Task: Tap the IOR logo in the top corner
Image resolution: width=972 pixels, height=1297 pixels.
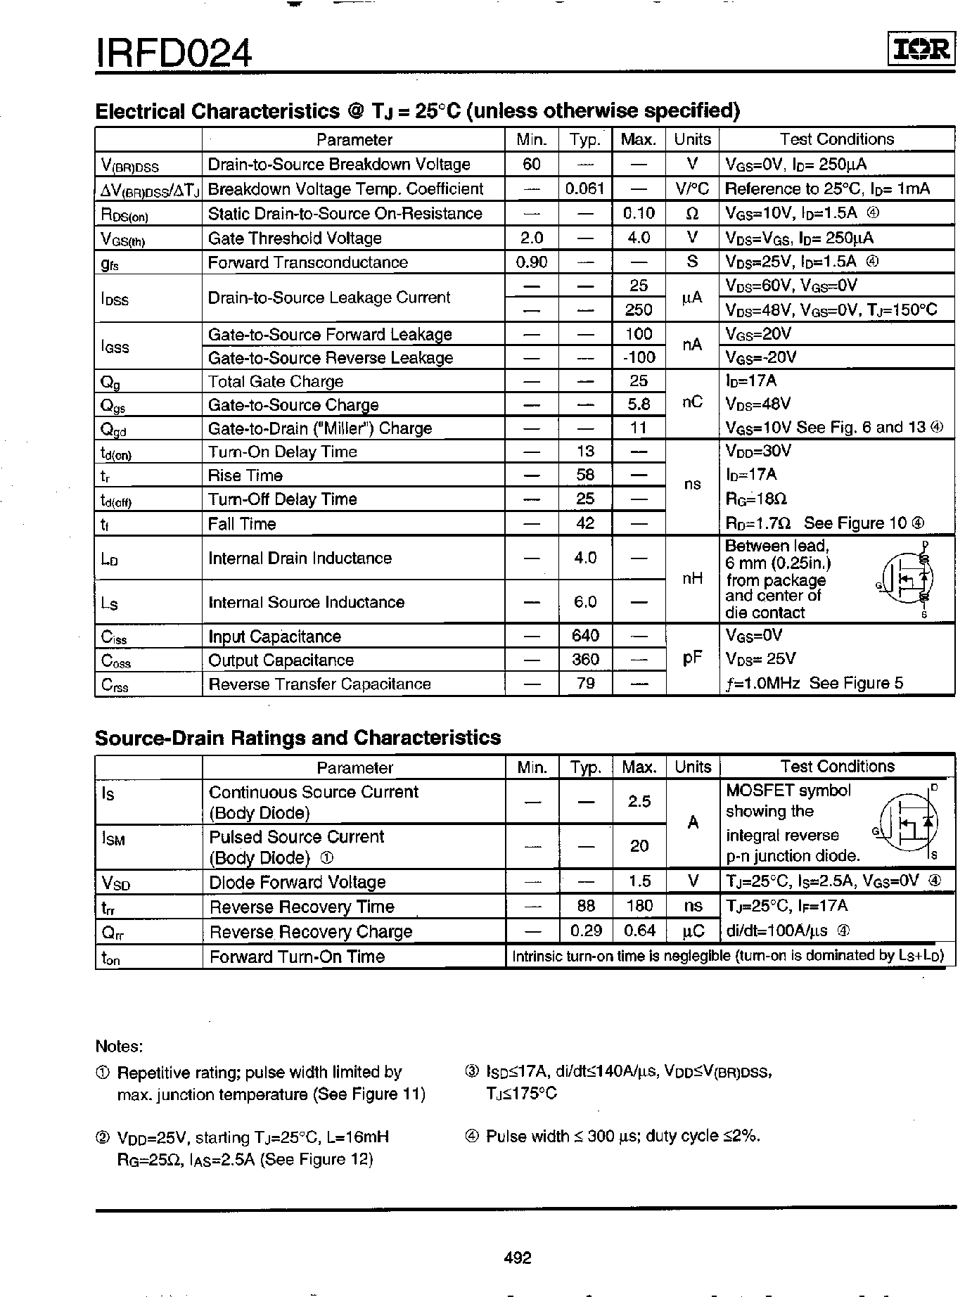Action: point(921,49)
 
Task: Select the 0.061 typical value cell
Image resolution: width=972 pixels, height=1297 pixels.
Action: point(585,189)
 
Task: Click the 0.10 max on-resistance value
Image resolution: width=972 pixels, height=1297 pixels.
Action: point(639,213)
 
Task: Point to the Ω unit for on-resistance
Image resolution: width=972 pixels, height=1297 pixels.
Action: point(692,214)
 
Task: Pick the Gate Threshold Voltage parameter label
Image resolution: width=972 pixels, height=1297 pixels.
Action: point(295,238)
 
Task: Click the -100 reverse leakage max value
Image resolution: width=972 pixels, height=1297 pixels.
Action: point(639,357)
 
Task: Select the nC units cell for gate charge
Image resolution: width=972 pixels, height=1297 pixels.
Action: point(692,403)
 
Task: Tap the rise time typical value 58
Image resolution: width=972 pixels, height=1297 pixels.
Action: point(585,475)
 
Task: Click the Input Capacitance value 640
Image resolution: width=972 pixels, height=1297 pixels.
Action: point(585,636)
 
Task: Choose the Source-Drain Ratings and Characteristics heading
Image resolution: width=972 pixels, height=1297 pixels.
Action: point(298,737)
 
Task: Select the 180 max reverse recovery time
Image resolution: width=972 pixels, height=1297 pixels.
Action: point(639,906)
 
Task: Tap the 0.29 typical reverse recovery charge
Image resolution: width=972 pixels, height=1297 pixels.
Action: point(586,931)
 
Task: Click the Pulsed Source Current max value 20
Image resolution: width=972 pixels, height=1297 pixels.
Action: point(639,845)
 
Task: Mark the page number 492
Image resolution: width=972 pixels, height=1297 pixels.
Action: point(518,1258)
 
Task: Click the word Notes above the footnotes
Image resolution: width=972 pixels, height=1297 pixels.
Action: point(119,1046)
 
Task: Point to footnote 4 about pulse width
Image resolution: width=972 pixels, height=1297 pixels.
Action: point(613,1136)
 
